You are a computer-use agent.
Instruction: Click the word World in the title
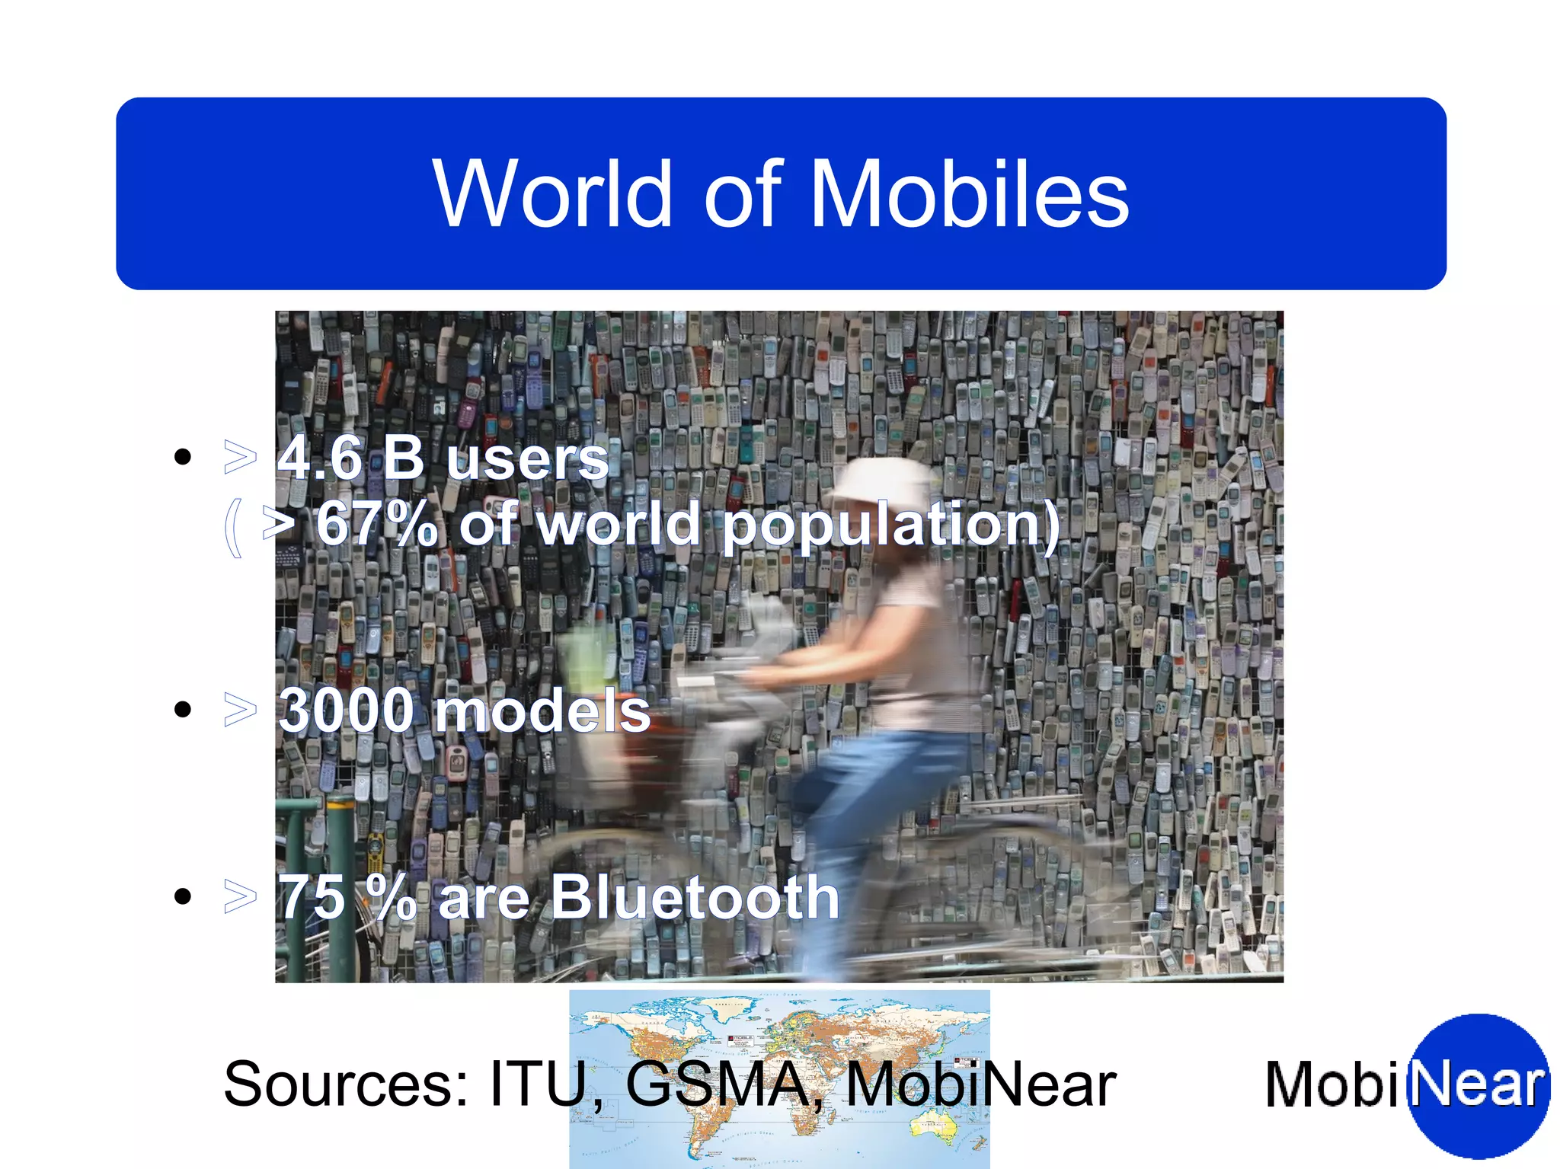(x=552, y=194)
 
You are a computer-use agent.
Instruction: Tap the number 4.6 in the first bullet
(x=320, y=459)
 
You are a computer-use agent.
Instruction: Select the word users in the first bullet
(x=527, y=461)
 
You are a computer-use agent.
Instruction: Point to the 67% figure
(x=377, y=524)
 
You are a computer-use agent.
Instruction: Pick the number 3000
(x=347, y=711)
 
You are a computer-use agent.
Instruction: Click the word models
(x=542, y=711)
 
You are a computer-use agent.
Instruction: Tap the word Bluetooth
(x=695, y=897)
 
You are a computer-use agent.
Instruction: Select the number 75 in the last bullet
(x=312, y=897)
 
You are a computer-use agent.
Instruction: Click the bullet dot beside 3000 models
(x=183, y=710)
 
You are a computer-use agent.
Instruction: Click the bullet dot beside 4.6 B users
(x=183, y=457)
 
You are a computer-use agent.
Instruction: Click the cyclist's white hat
(x=884, y=481)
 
